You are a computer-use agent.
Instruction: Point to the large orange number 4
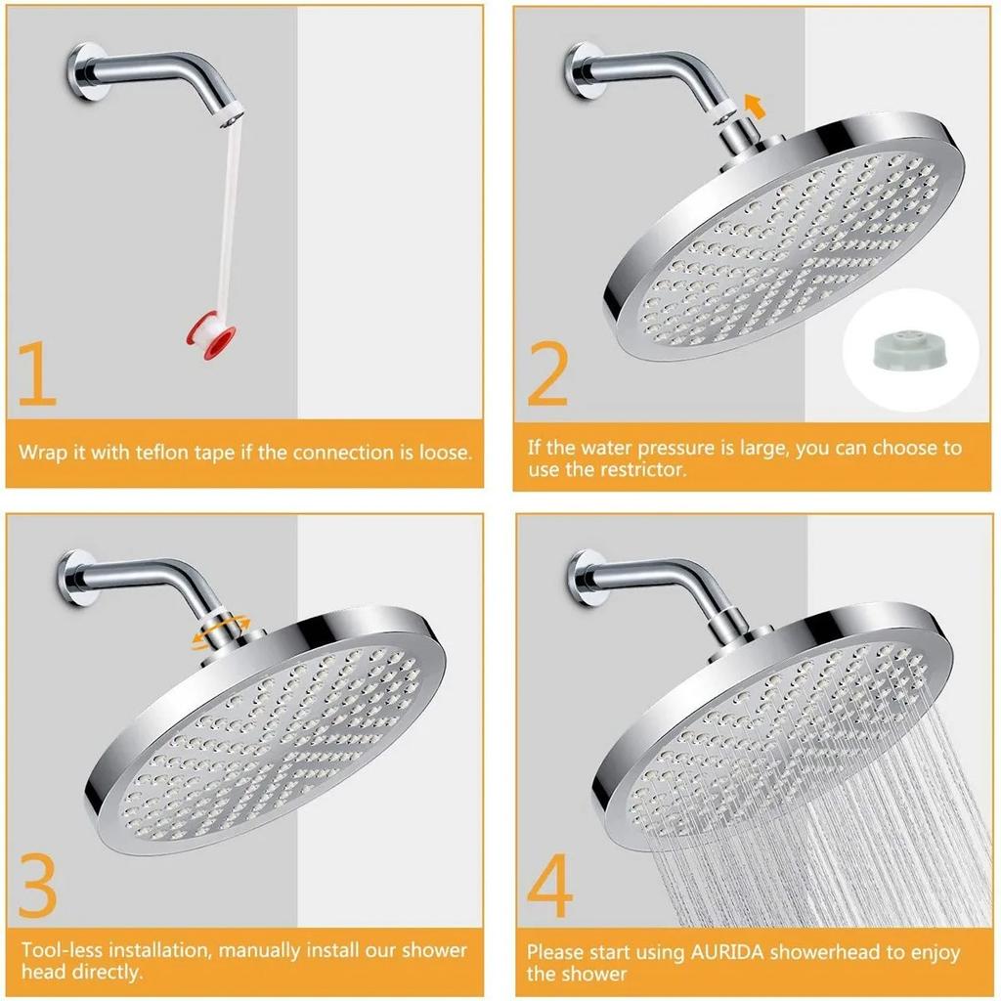549,883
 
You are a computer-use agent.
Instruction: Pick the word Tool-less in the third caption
61,950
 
